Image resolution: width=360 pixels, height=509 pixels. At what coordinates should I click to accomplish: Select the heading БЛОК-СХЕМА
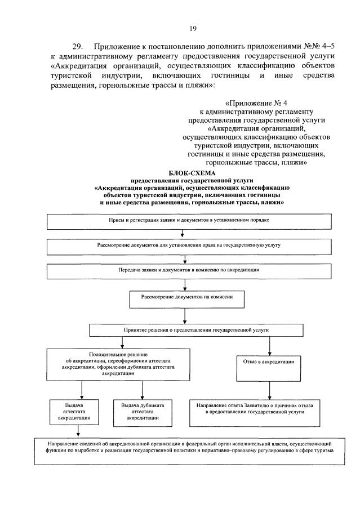(191, 172)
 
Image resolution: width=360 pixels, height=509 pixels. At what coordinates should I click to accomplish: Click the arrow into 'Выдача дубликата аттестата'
(140, 391)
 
